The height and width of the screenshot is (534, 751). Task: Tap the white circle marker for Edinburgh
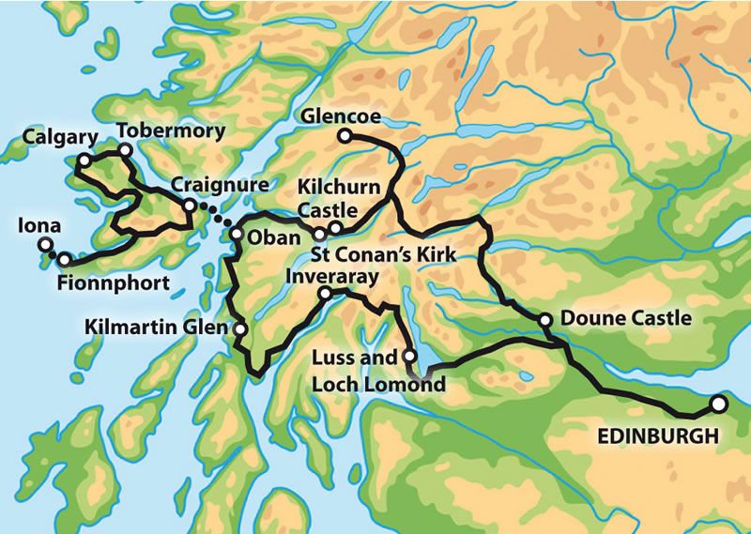tap(718, 404)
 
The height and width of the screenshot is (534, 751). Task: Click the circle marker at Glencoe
tap(345, 137)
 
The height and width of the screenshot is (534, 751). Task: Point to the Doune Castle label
tap(625, 319)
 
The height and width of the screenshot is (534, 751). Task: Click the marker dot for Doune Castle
tap(545, 321)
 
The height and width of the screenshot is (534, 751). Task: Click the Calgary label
tap(62, 137)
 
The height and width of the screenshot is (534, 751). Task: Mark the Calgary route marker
tap(83, 161)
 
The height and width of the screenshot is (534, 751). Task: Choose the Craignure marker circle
tap(189, 206)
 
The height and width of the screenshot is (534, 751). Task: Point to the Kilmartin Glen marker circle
tap(240, 329)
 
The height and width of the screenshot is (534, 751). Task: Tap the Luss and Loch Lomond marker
tap(408, 356)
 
